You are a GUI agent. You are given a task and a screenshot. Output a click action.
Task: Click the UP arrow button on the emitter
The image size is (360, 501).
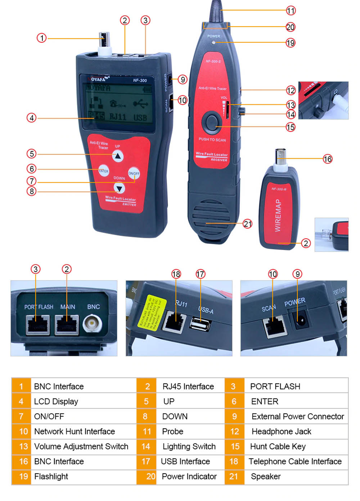[118, 156]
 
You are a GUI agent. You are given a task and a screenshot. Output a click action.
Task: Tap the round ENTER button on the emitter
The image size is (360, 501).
[104, 171]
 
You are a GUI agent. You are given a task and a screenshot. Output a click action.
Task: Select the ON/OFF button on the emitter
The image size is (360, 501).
[134, 173]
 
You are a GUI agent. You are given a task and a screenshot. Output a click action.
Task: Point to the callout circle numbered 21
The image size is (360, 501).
[248, 224]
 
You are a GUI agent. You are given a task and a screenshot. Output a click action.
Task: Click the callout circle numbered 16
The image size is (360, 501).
[327, 159]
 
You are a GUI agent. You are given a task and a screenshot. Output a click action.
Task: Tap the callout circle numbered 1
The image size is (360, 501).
[42, 38]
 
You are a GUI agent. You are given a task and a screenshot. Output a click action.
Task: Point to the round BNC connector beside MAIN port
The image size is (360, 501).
[93, 324]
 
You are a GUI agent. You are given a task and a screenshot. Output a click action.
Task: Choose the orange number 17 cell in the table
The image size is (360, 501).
[146, 461]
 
